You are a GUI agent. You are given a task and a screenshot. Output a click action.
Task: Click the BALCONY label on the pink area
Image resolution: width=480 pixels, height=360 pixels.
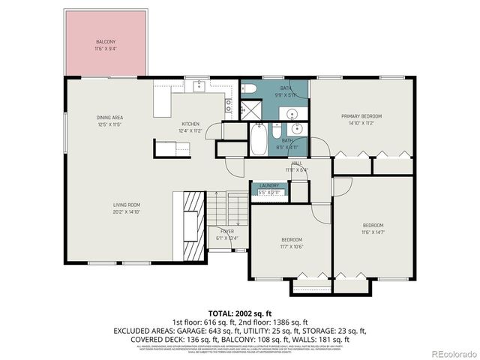click(x=105, y=41)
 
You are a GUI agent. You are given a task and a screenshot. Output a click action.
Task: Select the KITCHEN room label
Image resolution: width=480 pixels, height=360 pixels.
click(x=190, y=124)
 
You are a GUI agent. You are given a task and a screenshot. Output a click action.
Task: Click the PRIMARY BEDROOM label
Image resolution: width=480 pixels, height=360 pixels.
click(x=361, y=116)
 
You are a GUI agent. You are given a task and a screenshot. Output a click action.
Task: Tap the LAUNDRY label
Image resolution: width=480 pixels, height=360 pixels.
click(x=269, y=186)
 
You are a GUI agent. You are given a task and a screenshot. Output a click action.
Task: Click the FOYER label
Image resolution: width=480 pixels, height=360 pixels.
click(x=226, y=232)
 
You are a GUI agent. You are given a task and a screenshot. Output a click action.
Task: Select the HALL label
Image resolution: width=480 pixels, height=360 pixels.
click(x=296, y=163)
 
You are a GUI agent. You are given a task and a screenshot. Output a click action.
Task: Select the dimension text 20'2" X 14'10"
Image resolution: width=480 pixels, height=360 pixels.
click(x=127, y=212)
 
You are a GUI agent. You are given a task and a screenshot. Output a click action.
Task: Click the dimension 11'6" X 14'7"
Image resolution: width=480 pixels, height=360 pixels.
click(x=373, y=232)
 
